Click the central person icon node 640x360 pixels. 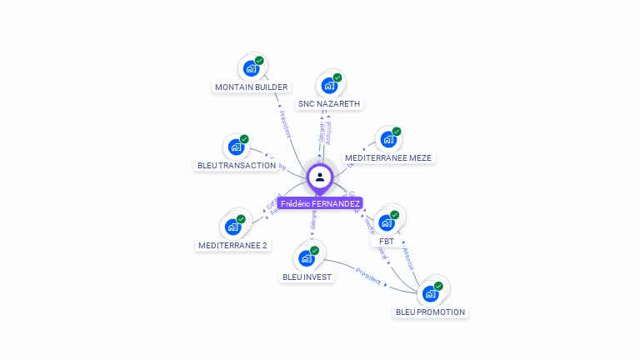(320, 177)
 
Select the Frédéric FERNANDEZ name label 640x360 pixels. (320, 203)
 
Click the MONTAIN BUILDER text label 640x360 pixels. (251, 87)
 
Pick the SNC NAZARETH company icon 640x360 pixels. (329, 85)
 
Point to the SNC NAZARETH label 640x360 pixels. (329, 104)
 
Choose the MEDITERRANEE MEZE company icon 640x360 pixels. (387, 139)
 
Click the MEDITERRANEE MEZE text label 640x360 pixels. (389, 157)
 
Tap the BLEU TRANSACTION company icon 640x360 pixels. (236, 147)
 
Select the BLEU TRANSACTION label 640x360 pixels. (236, 166)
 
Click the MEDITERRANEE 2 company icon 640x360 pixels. (232, 227)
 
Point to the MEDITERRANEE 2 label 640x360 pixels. (233, 246)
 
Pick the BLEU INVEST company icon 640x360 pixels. (307, 258)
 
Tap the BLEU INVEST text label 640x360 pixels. (307, 277)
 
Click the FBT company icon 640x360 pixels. (386, 222)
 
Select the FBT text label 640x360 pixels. (387, 241)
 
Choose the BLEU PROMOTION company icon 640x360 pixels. (430, 293)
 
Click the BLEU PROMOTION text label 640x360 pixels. (431, 312)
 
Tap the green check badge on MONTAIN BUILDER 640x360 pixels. (259, 61)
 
